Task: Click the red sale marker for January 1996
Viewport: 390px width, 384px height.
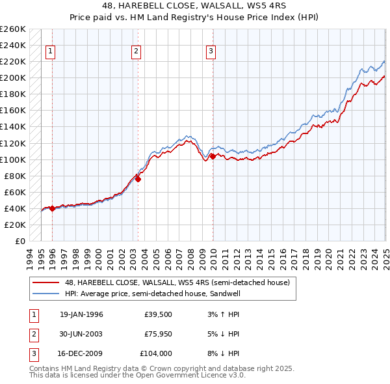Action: click(x=52, y=209)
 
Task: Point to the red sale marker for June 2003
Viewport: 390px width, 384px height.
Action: click(x=138, y=179)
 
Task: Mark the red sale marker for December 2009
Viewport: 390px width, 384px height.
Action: click(x=213, y=156)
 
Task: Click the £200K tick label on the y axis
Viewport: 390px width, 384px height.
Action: click(x=13, y=78)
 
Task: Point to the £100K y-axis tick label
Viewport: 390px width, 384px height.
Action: click(x=13, y=159)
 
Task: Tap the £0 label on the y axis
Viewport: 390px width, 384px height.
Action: click(x=19, y=241)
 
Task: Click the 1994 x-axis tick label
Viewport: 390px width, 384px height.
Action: click(x=30, y=257)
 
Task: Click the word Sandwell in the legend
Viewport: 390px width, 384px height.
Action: click(x=222, y=294)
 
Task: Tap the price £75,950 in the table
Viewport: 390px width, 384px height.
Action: click(x=157, y=334)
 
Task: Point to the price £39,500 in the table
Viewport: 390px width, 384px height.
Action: click(x=157, y=314)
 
